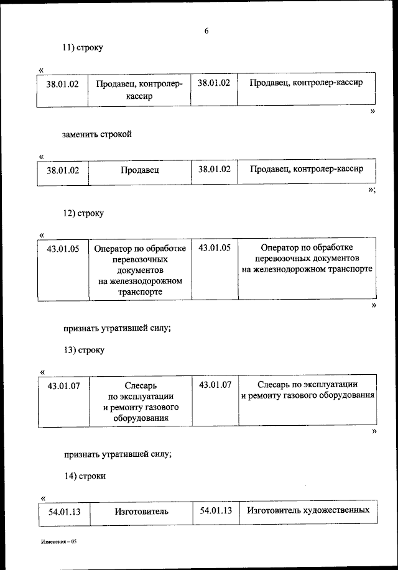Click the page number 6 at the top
(x=206, y=30)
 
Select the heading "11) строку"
(x=83, y=48)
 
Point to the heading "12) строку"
(x=83, y=213)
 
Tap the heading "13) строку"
(x=84, y=350)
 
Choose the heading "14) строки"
(x=84, y=476)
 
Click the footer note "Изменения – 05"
(x=58, y=542)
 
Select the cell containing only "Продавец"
(x=139, y=170)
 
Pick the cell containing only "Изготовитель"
(x=141, y=512)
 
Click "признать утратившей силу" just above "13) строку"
(x=116, y=328)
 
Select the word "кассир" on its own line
(x=139, y=96)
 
